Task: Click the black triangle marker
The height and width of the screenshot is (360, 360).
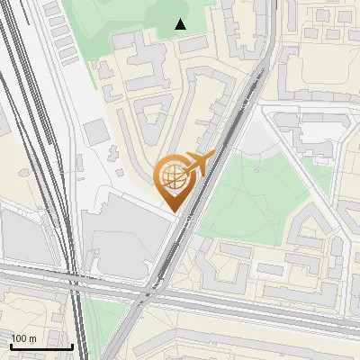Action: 181,23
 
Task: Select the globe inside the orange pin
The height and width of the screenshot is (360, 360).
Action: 171,177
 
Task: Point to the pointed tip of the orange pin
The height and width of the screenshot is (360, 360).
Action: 171,211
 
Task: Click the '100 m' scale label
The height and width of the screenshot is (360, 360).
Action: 23,338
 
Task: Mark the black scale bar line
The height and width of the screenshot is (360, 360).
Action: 41,346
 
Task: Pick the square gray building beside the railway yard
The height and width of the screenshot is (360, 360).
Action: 96,131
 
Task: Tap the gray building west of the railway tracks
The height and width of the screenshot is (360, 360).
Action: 18,234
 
